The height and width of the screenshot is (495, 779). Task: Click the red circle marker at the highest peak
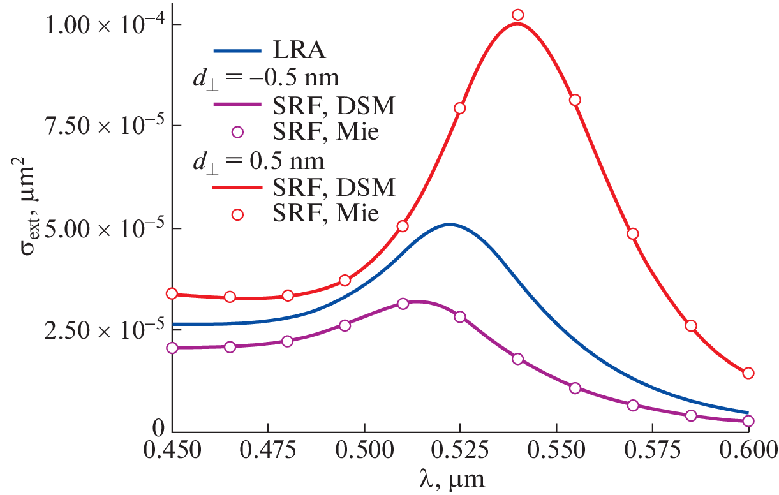pyautogui.click(x=517, y=15)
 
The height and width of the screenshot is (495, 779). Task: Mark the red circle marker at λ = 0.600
pyautogui.click(x=748, y=373)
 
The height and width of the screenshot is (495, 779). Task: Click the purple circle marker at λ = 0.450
pyautogui.click(x=172, y=348)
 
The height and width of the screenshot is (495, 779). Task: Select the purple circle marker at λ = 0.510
pyautogui.click(x=403, y=304)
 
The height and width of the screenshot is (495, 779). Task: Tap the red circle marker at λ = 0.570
pyautogui.click(x=633, y=233)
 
